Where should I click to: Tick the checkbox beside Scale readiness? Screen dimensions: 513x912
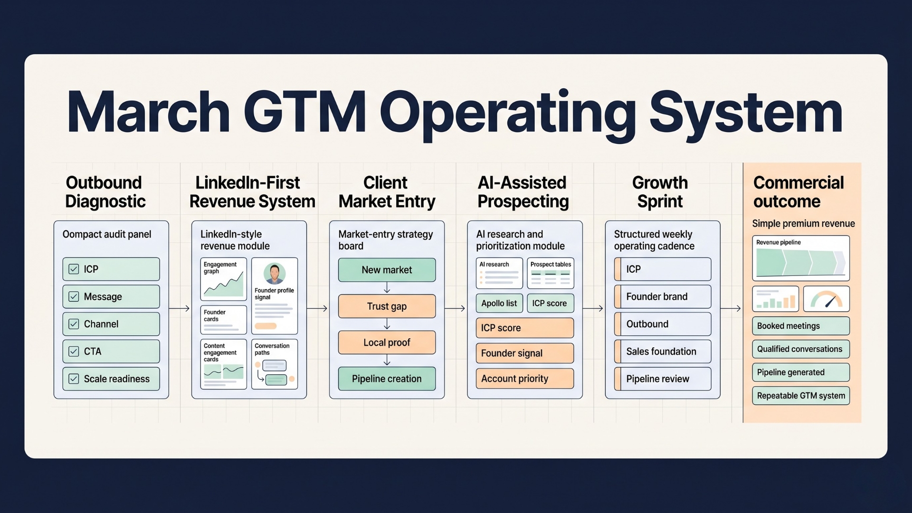click(74, 379)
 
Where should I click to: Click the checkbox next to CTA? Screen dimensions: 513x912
click(74, 351)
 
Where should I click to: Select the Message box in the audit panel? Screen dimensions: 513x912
click(111, 296)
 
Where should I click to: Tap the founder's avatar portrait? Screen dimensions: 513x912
click(275, 274)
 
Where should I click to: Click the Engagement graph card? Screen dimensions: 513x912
click(223, 279)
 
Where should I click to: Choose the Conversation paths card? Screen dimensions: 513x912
click(275, 364)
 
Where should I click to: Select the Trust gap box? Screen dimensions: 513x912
click(387, 306)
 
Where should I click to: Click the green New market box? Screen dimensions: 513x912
click(387, 270)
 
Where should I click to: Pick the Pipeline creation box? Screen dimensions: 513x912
click(387, 379)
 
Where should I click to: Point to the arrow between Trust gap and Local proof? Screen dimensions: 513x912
click(387, 324)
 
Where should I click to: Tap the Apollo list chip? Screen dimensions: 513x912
click(499, 303)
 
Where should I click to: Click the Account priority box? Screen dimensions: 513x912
click(524, 379)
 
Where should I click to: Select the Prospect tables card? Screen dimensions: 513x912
click(551, 273)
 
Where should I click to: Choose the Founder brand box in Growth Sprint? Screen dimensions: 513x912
click(663, 296)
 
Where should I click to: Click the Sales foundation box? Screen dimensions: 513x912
click(663, 351)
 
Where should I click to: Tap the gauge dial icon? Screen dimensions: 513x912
click(826, 299)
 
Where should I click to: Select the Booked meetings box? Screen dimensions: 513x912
click(801, 326)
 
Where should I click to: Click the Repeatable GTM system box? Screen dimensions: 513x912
click(801, 396)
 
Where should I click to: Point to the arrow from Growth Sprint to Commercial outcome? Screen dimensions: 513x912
click(731, 309)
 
